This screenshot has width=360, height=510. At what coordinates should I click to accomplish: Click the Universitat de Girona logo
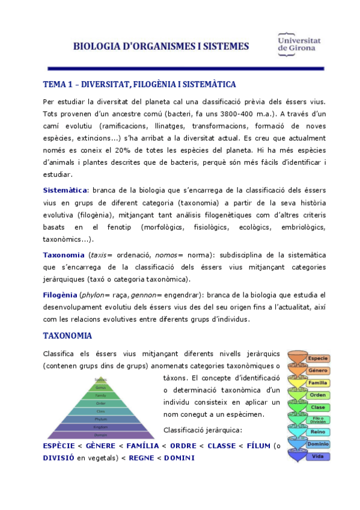299,44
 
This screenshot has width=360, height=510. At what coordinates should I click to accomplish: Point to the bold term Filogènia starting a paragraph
60,295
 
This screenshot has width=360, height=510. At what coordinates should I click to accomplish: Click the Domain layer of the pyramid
101,434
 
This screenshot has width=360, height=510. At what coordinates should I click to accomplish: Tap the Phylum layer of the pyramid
101,419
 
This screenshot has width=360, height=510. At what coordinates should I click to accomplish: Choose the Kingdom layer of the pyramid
101,426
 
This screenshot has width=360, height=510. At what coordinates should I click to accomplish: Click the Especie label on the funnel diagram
317,358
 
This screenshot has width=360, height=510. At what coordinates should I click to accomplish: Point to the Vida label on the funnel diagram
317,456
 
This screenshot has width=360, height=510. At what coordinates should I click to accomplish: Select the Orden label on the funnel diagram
317,395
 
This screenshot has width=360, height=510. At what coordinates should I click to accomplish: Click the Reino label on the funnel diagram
317,432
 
